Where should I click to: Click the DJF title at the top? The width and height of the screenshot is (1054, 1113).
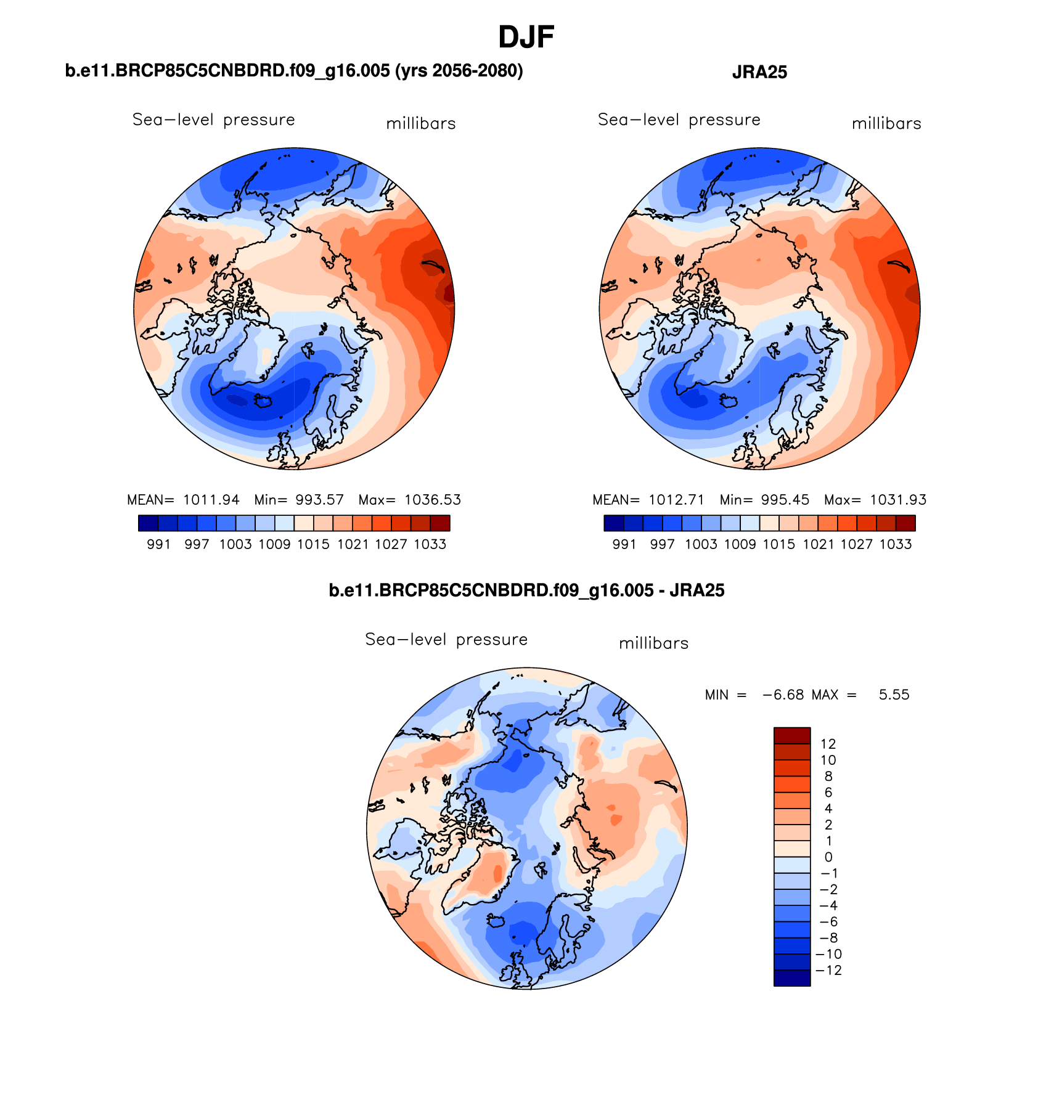[526, 38]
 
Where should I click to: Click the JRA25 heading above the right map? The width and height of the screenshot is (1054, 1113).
[759, 73]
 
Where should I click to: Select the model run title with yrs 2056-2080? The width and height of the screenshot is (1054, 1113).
[294, 71]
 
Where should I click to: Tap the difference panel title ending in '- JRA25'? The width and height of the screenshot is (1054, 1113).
[526, 590]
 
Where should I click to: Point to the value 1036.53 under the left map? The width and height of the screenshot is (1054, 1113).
[432, 500]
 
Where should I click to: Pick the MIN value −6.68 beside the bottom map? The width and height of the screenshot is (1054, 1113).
[783, 695]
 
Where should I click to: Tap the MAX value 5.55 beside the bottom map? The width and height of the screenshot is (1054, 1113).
[894, 695]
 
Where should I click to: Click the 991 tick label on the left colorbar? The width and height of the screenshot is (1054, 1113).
[158, 544]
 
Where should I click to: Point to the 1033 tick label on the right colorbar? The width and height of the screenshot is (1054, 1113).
[896, 544]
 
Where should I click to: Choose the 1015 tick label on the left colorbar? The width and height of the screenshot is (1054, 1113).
[313, 544]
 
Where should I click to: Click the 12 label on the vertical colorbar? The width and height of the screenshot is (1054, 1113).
[828, 744]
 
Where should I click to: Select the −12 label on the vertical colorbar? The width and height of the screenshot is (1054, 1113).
[828, 970]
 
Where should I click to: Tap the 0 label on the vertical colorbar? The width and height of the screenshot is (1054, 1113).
[828, 857]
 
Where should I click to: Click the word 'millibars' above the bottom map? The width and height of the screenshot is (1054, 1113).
[653, 643]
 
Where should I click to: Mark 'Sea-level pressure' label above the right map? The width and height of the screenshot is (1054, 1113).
[679, 120]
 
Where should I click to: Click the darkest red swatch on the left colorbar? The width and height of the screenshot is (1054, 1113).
[440, 523]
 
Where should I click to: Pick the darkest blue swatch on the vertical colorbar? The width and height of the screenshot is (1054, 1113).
[791, 978]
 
